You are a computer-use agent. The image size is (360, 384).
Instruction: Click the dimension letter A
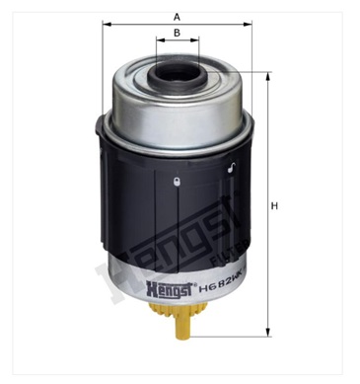pos(176,17)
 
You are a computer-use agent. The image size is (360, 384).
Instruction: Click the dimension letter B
pos(176,33)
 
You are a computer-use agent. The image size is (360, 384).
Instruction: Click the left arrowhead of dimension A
pos(105,28)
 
